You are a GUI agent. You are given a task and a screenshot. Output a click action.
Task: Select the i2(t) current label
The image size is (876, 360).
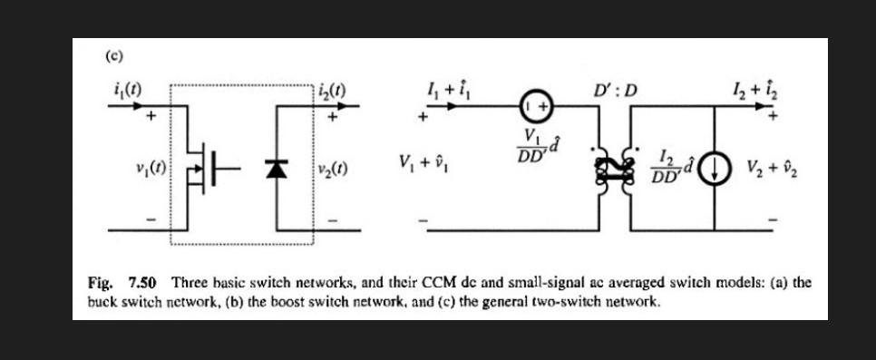tap(333, 90)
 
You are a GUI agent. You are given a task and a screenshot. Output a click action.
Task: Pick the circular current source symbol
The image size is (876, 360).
tap(718, 170)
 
